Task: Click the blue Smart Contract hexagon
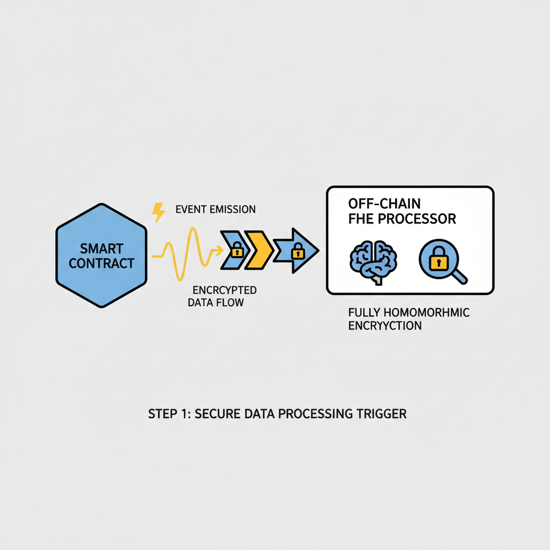pyautogui.click(x=102, y=255)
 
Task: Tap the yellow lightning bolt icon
pyautogui.click(x=158, y=212)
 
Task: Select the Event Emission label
pyautogui.click(x=215, y=209)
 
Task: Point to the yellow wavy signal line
pyautogui.click(x=187, y=254)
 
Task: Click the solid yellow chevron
pyautogui.click(x=259, y=250)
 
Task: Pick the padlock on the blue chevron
pyautogui.click(x=237, y=249)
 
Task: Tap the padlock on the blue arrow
pyautogui.click(x=298, y=251)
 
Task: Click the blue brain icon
pyautogui.click(x=373, y=262)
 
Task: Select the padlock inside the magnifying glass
pyautogui.click(x=438, y=258)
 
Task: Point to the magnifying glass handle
pyautogui.click(x=460, y=277)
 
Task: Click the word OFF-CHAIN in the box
pyautogui.click(x=384, y=204)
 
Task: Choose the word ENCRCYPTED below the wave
pyautogui.click(x=225, y=290)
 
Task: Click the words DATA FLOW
pyautogui.click(x=216, y=302)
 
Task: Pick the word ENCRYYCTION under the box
pyautogui.click(x=385, y=325)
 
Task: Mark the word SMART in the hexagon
pyautogui.click(x=102, y=248)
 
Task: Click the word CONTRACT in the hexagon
pyautogui.click(x=102, y=263)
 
